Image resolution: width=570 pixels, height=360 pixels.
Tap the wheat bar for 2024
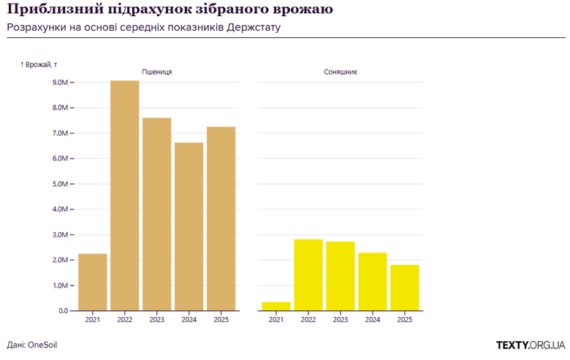[x=189, y=226]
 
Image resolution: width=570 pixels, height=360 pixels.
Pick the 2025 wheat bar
[x=221, y=218]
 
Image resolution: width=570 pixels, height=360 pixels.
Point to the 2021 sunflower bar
[x=276, y=306]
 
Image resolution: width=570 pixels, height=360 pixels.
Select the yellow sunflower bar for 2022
[x=308, y=275]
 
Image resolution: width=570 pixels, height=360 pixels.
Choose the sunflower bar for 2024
[x=372, y=281]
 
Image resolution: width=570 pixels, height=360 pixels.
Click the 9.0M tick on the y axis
[x=56, y=83]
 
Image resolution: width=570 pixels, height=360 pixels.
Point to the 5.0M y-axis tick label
[x=56, y=184]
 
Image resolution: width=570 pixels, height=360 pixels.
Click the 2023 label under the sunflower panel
[x=340, y=320]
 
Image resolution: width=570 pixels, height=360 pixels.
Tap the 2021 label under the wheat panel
[x=93, y=320]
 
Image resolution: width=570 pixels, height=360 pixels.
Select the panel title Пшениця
[x=156, y=72]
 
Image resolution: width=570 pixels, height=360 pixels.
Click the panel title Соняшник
[x=340, y=72]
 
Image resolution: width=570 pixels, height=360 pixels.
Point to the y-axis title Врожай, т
[x=39, y=65]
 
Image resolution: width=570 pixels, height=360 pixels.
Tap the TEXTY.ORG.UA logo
[x=530, y=344]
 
